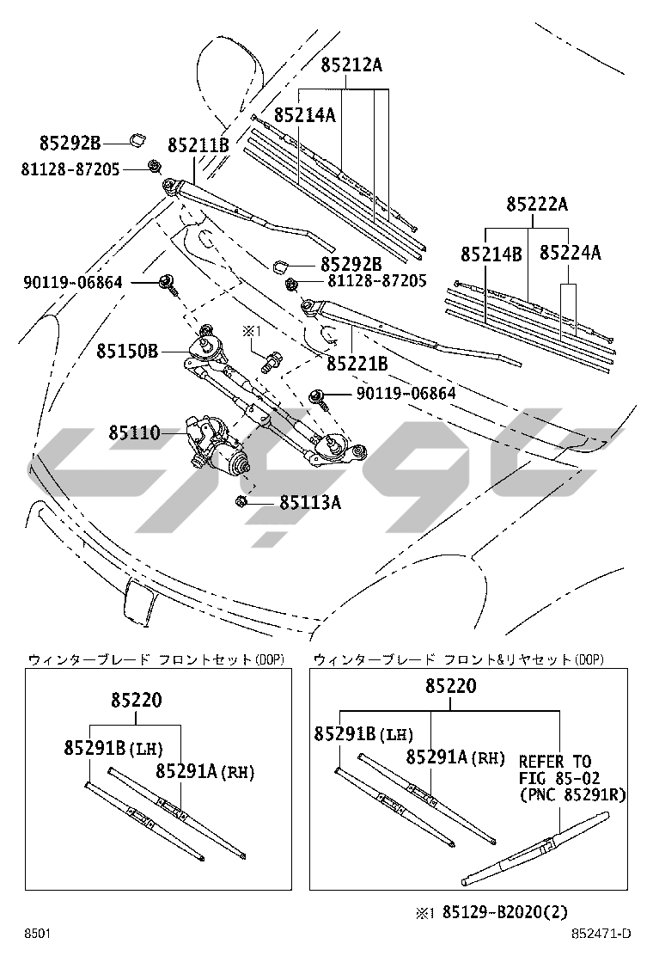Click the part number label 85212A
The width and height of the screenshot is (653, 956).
(x=351, y=64)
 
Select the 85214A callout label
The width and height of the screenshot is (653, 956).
(x=304, y=114)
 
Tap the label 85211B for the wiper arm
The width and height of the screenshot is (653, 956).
(x=198, y=145)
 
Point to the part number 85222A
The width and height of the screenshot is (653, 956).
(x=537, y=204)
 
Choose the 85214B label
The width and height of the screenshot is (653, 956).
(x=491, y=254)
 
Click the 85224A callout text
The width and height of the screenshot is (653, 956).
(x=570, y=253)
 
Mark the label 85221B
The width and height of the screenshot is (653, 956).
(x=357, y=365)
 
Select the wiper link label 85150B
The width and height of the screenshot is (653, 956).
(x=127, y=351)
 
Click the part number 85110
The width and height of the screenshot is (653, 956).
(x=134, y=432)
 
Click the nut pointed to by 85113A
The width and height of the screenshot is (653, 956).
(x=241, y=502)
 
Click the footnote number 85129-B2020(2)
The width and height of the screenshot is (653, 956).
(x=505, y=912)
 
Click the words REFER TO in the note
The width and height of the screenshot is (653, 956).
(x=554, y=761)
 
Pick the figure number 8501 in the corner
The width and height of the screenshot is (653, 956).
(x=36, y=934)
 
